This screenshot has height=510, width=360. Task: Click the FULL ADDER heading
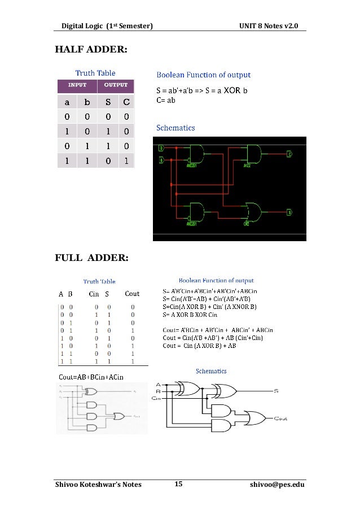(91, 259)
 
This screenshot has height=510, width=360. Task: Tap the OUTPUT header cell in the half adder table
(116, 86)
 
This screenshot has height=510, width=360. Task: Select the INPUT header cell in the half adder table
(77, 86)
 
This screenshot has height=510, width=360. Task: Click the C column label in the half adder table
(126, 102)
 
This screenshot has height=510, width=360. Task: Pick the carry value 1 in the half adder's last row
(126, 160)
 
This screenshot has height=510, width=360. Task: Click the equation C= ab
(166, 100)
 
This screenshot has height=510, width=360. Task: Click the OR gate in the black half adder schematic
(251, 212)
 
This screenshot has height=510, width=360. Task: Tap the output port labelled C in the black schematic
(289, 154)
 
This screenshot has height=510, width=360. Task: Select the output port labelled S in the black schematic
(289, 212)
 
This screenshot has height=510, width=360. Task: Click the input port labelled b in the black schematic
(162, 161)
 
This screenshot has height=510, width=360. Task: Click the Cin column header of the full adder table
(94, 294)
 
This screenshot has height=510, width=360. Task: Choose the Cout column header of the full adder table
(132, 294)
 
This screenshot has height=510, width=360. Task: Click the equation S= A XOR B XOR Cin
(190, 314)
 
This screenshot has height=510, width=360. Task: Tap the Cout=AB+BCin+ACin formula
(91, 376)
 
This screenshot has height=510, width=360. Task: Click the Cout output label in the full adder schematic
(280, 419)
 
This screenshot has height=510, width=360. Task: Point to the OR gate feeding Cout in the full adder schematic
(260, 419)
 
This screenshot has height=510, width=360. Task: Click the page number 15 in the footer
(178, 484)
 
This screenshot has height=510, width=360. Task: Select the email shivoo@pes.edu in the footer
(276, 485)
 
